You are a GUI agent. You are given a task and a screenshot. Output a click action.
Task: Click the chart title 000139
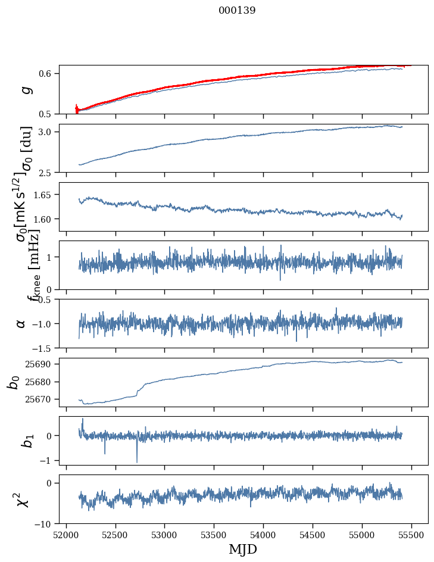(x=237, y=11)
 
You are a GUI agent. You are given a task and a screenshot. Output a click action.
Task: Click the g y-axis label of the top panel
(x=25, y=90)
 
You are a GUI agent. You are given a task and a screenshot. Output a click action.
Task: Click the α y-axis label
(x=21, y=323)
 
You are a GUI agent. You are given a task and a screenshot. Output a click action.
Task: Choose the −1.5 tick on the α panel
(x=43, y=348)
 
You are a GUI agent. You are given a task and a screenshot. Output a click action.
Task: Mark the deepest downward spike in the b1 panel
(x=137, y=462)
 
